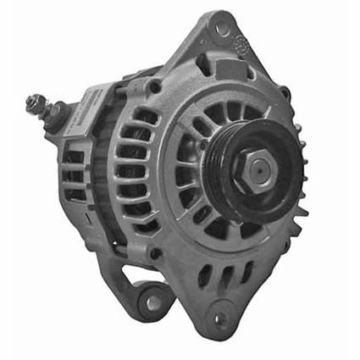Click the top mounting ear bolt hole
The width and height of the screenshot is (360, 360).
pyautogui.click(x=222, y=30)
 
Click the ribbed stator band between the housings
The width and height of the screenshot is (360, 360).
pyautogui.click(x=107, y=169)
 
